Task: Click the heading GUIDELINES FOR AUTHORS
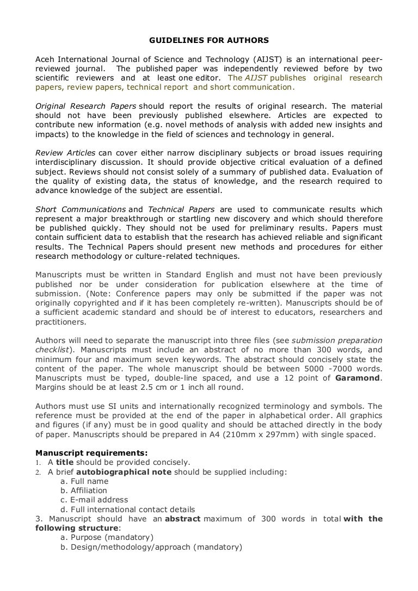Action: click(209, 40)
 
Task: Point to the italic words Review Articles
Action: click(65, 153)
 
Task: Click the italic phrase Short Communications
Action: click(81, 209)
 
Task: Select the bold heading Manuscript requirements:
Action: click(91, 452)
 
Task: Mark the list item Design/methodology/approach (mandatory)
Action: click(150, 547)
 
